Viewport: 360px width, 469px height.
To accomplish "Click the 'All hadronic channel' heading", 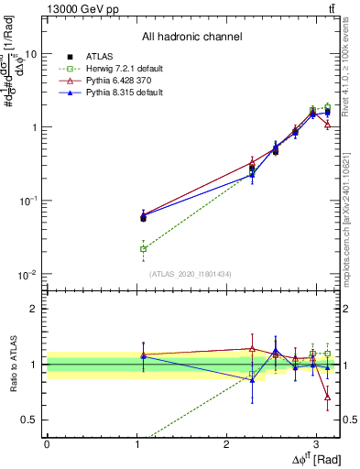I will [191, 38].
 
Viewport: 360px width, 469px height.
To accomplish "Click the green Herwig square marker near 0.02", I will [143, 248].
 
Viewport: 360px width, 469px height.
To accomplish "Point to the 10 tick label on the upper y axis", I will [30, 53].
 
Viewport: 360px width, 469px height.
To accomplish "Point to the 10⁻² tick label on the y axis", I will [27, 275].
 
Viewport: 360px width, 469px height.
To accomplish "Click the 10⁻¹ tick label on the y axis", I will [27, 201].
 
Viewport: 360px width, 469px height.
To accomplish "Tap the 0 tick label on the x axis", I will [47, 442].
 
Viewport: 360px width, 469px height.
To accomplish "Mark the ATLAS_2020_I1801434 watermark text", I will [191, 274].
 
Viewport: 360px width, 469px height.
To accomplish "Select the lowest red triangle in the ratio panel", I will [328, 397].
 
